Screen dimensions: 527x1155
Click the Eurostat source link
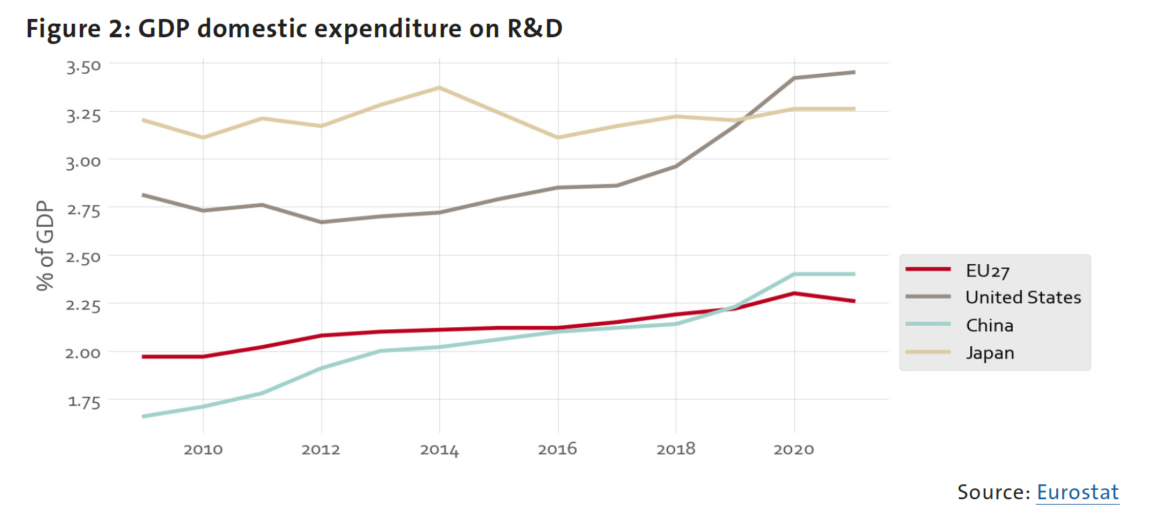click(x=1077, y=492)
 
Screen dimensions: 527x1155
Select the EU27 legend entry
click(x=987, y=271)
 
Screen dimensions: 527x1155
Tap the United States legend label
click(x=1022, y=297)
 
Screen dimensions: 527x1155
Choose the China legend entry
click(x=989, y=326)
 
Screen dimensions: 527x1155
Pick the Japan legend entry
click(x=989, y=353)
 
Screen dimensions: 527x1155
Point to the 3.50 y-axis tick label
click(x=83, y=66)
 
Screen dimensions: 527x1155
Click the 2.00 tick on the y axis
click(x=83, y=353)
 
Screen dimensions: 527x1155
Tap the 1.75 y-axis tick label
click(x=83, y=402)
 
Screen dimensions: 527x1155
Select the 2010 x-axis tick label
click(x=203, y=449)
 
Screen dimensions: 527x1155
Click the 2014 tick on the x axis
click(x=439, y=450)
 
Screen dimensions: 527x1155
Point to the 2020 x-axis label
click(x=793, y=449)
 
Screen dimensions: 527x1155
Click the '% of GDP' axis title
click(x=45, y=245)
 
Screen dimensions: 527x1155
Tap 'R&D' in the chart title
click(x=535, y=29)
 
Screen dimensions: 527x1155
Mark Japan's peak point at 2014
click(x=439, y=87)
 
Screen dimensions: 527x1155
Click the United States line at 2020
click(x=794, y=78)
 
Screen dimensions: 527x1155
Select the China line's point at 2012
click(x=322, y=368)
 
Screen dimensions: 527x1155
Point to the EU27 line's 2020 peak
click(x=794, y=293)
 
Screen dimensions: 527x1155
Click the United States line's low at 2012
click(x=322, y=222)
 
